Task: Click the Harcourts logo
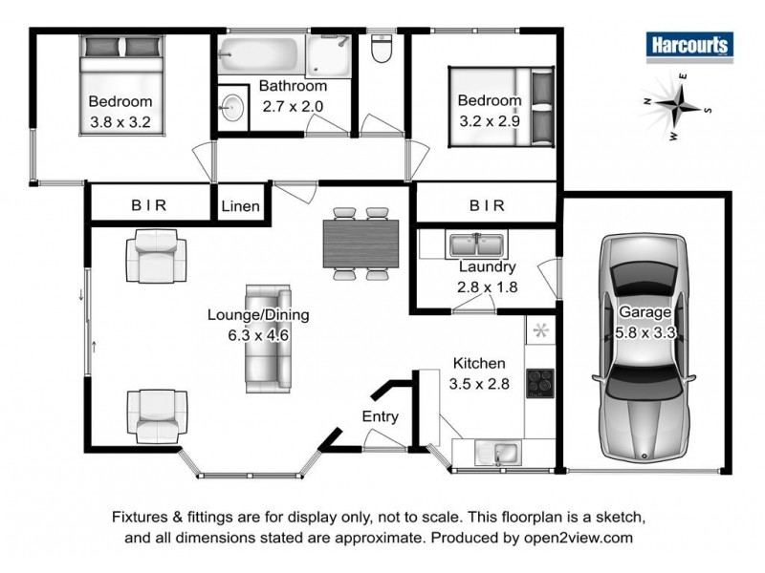689,47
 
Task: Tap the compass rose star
678,105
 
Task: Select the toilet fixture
381,49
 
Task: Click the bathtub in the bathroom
259,54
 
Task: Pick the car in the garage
645,348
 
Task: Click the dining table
361,244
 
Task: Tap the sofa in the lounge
268,339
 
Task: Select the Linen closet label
240,206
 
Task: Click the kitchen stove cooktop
540,384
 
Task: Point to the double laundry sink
476,244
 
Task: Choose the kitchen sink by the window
497,453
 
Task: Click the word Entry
380,416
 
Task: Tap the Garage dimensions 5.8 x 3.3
645,333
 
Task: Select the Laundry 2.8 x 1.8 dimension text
487,287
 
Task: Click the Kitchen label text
479,363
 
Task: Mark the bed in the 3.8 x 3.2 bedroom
122,85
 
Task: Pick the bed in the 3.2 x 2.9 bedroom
501,107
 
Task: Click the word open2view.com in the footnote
579,538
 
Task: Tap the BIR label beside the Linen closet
149,205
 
